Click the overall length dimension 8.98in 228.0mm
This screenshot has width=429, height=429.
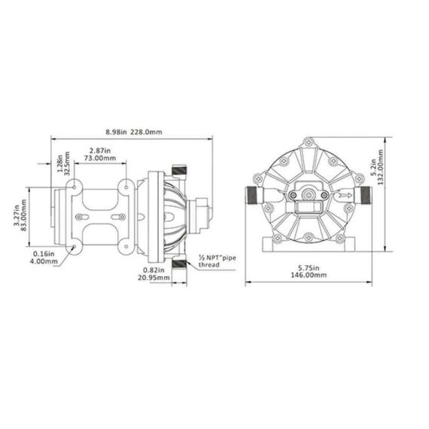[133, 132]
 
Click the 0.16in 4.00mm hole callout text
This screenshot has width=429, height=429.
[44, 257]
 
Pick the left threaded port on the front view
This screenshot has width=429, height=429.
[252, 196]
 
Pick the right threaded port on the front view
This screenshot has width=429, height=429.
[367, 196]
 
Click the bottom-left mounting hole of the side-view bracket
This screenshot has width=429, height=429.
[74, 246]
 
